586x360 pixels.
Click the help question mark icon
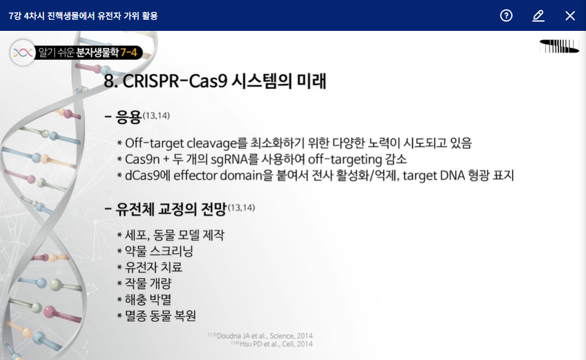tap(506, 15)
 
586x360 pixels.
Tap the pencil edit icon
tap(538, 15)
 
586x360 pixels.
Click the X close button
tap(570, 15)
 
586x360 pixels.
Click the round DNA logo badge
tap(23, 52)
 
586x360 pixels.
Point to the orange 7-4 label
tap(128, 52)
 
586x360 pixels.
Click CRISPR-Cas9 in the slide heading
tap(175, 81)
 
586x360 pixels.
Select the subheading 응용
tap(128, 117)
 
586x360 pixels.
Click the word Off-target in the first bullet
tap(154, 143)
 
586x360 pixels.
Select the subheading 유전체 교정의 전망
tap(171, 209)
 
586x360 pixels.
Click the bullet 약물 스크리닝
tap(159, 251)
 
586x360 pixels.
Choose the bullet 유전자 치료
tap(154, 267)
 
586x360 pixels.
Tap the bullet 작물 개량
tap(148, 283)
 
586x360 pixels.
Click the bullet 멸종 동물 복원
tap(161, 316)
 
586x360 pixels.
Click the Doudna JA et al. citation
tap(260, 336)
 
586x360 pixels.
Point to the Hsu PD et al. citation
tap(272, 344)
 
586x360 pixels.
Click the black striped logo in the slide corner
tap(559, 46)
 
